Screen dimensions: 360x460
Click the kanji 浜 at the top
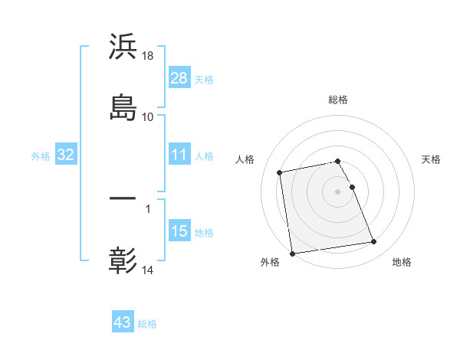pyautogui.click(x=123, y=47)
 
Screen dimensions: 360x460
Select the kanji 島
pyautogui.click(x=123, y=106)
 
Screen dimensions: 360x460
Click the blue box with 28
pyautogui.click(x=179, y=78)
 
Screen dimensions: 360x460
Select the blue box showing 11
pyautogui.click(x=179, y=155)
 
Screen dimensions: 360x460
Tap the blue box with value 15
pyautogui.click(x=179, y=231)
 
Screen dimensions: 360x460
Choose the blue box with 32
pyautogui.click(x=66, y=155)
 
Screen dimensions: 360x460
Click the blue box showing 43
pyautogui.click(x=123, y=322)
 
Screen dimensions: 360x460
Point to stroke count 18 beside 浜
pyautogui.click(x=148, y=56)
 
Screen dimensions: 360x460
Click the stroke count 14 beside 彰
pyautogui.click(x=148, y=270)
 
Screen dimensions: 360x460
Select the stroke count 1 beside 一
pyautogui.click(x=148, y=207)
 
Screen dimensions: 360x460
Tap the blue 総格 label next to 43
pyautogui.click(x=147, y=324)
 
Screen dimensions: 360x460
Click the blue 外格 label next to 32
pyautogui.click(x=41, y=156)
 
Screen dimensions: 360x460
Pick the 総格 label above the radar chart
pyautogui.click(x=338, y=100)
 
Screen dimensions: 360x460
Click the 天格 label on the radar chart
pyautogui.click(x=432, y=159)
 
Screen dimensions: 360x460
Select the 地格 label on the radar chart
pyautogui.click(x=402, y=262)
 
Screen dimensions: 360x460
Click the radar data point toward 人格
pyautogui.click(x=280, y=172)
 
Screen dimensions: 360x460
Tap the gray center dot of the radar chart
pyautogui.click(x=338, y=191)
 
